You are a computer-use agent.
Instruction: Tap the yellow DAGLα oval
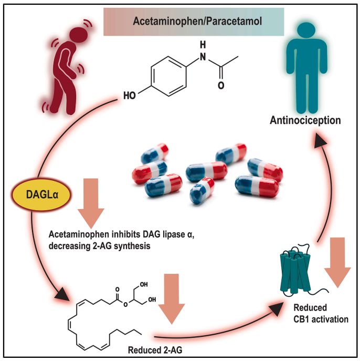tap(31, 196)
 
